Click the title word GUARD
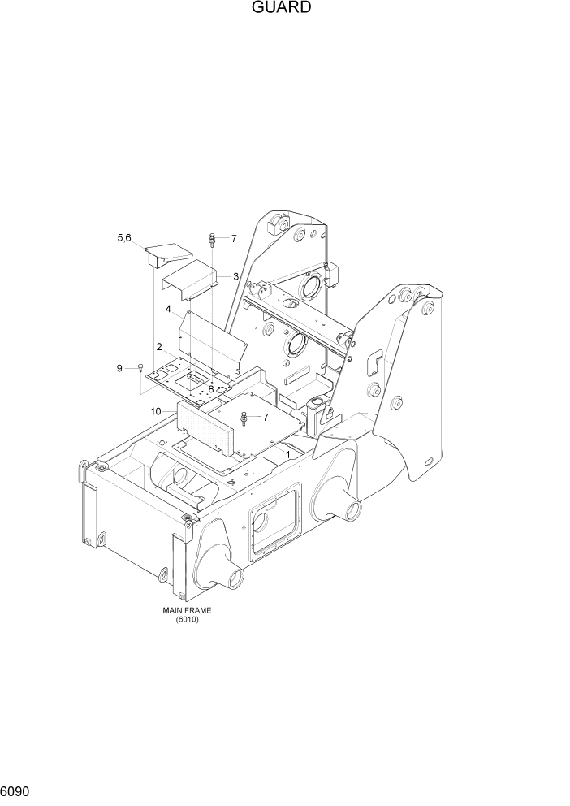coord(282,8)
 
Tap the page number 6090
coord(15,790)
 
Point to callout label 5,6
coord(124,237)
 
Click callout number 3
coord(235,276)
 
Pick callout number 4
coord(168,309)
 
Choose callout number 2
coord(159,347)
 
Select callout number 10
coord(154,411)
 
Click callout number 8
coord(209,389)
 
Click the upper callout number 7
coord(233,239)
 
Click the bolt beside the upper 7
coord(212,239)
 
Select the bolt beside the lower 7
coord(243,419)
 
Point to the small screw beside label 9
coord(140,367)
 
